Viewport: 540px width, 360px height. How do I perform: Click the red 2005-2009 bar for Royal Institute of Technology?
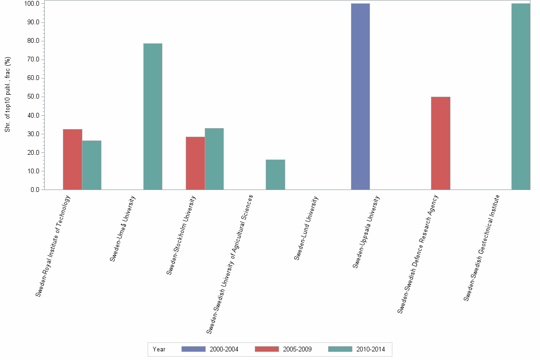pos(72,160)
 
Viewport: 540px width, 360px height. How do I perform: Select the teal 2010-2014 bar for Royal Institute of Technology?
pos(91,165)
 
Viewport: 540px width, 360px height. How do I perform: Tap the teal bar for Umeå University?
pos(153,117)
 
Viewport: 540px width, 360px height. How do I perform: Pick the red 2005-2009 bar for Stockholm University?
pos(195,163)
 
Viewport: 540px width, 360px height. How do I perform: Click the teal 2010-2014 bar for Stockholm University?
pos(214,159)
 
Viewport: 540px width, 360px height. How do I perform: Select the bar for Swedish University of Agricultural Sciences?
pos(275,175)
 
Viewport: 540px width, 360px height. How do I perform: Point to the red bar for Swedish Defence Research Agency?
pos(440,143)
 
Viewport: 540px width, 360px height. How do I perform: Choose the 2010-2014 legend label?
pos(370,349)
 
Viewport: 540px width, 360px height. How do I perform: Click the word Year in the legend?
pos(159,349)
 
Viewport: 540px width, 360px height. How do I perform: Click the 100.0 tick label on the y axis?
pos(31,4)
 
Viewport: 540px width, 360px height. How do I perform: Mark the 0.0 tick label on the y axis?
pos(34,190)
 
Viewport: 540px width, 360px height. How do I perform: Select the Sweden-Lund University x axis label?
pos(306,228)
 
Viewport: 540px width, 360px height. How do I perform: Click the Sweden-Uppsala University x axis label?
pos(366,232)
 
